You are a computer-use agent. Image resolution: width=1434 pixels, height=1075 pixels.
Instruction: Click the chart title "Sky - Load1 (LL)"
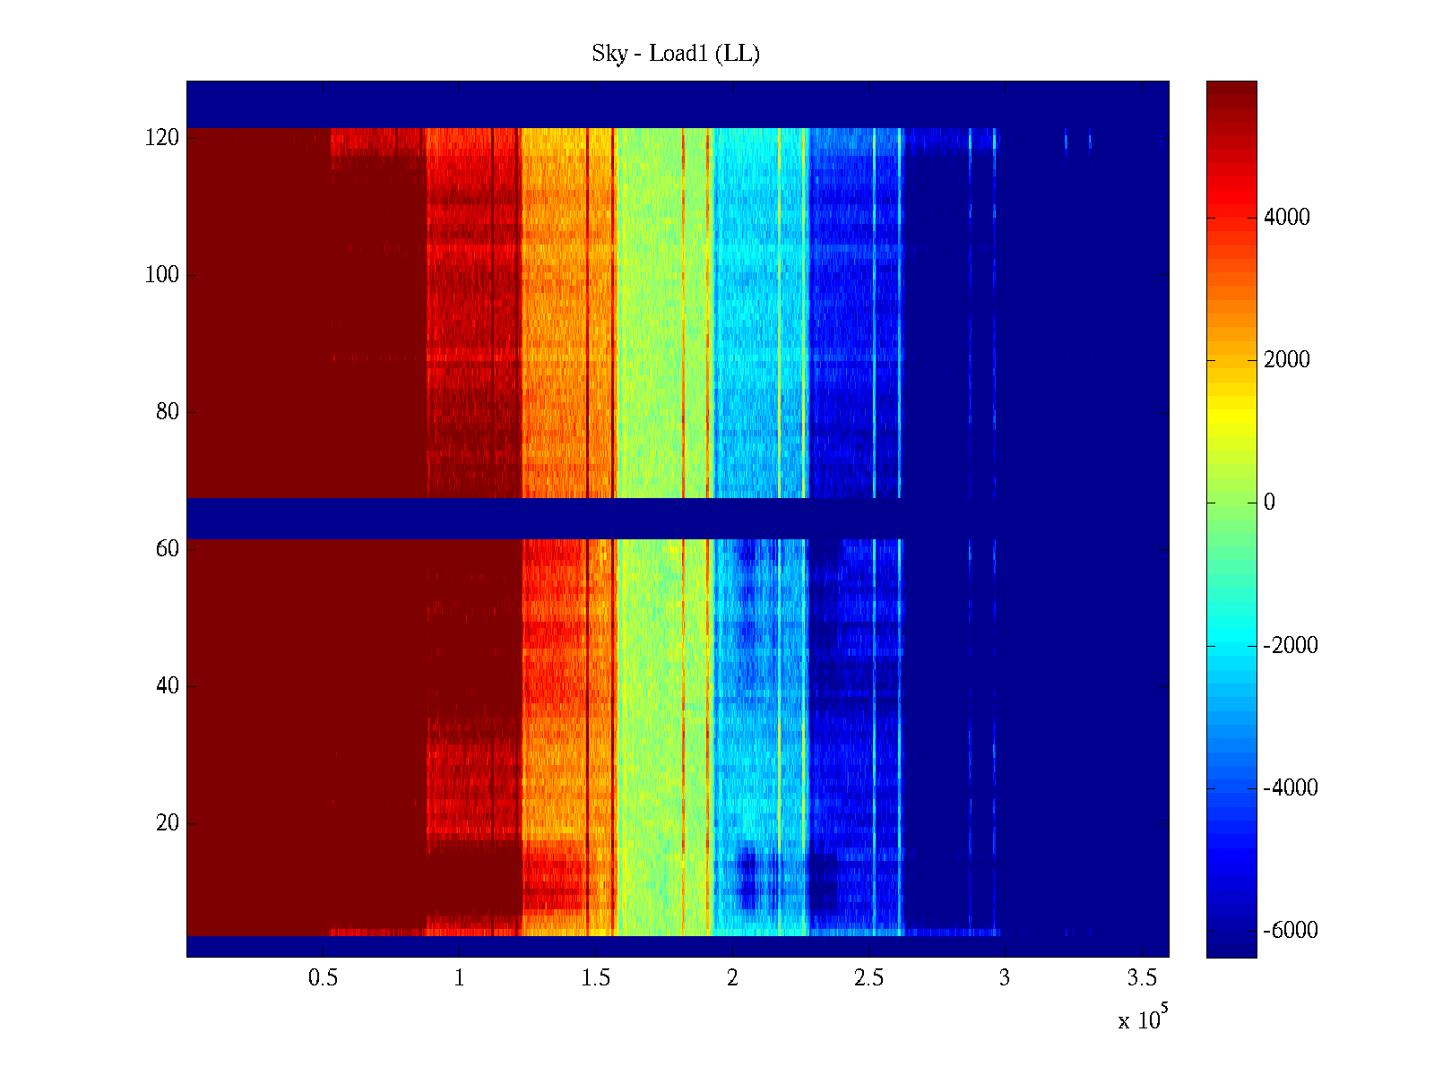click(676, 54)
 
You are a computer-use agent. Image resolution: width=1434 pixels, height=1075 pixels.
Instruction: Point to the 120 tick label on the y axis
click(162, 138)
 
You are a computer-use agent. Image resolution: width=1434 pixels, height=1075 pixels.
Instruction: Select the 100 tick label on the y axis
click(162, 275)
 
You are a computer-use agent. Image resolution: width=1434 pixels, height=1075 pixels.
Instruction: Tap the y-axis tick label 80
click(168, 412)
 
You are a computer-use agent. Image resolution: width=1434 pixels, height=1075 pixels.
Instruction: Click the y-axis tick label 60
click(168, 549)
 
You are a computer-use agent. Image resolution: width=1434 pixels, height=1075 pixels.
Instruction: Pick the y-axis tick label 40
click(168, 686)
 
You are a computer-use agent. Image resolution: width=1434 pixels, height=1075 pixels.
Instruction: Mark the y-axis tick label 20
click(168, 823)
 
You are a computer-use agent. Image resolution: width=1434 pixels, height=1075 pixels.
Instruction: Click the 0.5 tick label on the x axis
click(324, 978)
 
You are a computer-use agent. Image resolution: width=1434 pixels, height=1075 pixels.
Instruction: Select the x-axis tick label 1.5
click(596, 978)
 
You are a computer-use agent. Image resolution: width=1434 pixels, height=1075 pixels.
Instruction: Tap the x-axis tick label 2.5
click(868, 978)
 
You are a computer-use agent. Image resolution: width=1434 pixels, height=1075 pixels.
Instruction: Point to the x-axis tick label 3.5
click(1142, 978)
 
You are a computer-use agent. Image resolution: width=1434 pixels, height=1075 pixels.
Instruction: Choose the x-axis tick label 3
click(1005, 978)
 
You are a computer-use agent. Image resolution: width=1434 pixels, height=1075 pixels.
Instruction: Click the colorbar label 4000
click(1287, 218)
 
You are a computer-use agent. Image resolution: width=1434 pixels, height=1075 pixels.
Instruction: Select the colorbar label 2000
click(1287, 360)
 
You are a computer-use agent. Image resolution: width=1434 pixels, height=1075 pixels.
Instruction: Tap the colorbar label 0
click(1269, 503)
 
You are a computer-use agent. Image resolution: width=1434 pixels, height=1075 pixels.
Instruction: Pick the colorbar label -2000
click(1291, 646)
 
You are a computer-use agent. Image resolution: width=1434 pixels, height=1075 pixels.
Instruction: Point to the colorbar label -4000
click(1291, 788)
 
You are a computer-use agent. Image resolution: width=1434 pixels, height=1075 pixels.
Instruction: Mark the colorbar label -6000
click(1291, 931)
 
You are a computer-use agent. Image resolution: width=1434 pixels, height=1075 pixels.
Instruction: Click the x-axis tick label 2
click(732, 978)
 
